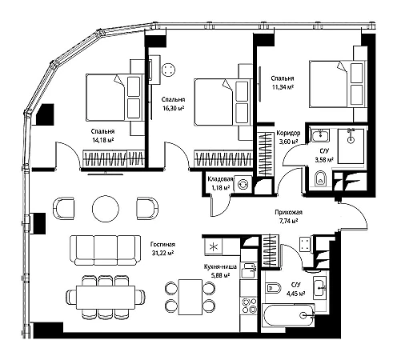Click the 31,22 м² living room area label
[162, 253]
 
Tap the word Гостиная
[162, 244]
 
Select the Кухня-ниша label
[220, 266]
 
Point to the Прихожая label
[289, 212]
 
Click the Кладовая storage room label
[220, 179]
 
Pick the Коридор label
[288, 133]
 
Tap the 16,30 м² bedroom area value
[174, 108]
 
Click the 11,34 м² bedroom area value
[283, 86]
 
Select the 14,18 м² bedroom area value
[103, 140]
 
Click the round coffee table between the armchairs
[106, 208]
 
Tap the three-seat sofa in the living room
[105, 250]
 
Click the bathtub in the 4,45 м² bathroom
[289, 315]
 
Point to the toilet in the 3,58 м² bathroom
[320, 178]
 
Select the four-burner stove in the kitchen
[249, 306]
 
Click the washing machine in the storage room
[243, 184]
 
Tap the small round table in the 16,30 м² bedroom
[168, 70]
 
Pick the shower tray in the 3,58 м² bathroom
[351, 146]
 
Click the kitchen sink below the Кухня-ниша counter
[249, 270]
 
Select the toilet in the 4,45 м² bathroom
[274, 288]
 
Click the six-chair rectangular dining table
[106, 297]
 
